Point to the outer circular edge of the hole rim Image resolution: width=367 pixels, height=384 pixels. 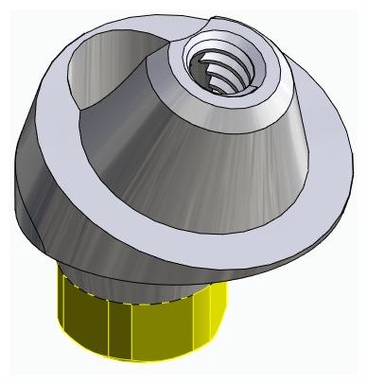(175, 85)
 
